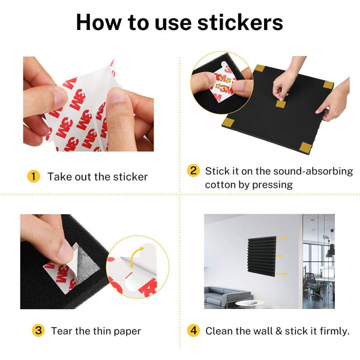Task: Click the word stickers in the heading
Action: click(240, 22)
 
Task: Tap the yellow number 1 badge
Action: click(34, 176)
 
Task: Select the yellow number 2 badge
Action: click(193, 170)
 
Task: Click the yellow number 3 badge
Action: click(38, 331)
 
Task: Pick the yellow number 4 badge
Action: click(193, 331)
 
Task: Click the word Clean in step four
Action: click(219, 331)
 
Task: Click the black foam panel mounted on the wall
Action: click(262, 256)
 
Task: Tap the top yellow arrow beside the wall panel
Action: click(282, 238)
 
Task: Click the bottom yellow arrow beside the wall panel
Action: click(281, 274)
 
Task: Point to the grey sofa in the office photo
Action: click(227, 298)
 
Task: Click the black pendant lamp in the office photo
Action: click(331, 251)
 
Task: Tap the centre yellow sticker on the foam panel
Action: click(281, 104)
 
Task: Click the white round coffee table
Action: click(250, 304)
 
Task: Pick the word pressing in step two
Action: click(272, 185)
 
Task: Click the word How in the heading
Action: click(99, 22)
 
